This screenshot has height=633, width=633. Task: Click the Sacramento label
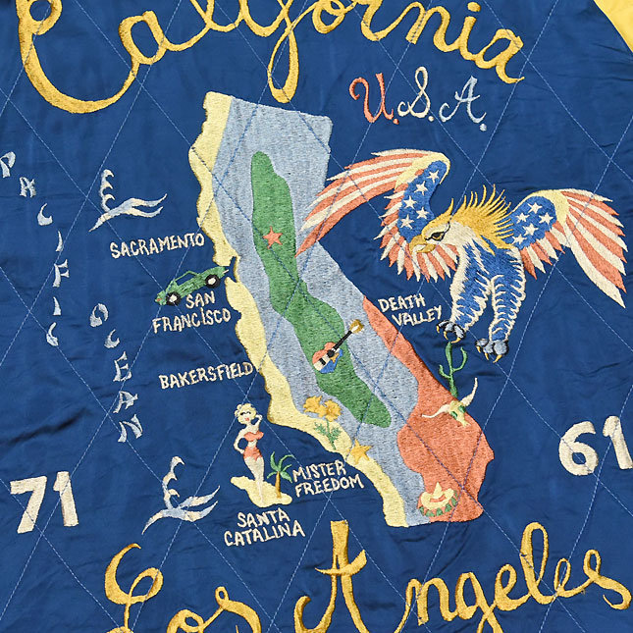156,246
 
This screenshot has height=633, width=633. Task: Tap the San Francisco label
192,309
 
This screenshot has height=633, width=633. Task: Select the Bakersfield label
206,375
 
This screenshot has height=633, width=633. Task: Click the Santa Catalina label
263,530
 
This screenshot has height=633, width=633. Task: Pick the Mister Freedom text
327,476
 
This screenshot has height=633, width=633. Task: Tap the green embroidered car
197,282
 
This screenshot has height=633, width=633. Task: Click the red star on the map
271,237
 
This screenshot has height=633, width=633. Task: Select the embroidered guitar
332,349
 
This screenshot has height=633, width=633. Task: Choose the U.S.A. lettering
417,101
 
